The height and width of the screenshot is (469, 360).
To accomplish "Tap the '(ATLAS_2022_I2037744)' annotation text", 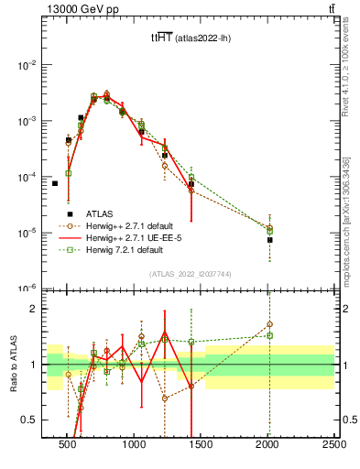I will [x=190, y=274].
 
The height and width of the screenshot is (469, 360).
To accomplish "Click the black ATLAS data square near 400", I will [x=55, y=183].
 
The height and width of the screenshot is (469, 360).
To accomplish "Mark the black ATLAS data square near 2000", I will [x=269, y=240].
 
